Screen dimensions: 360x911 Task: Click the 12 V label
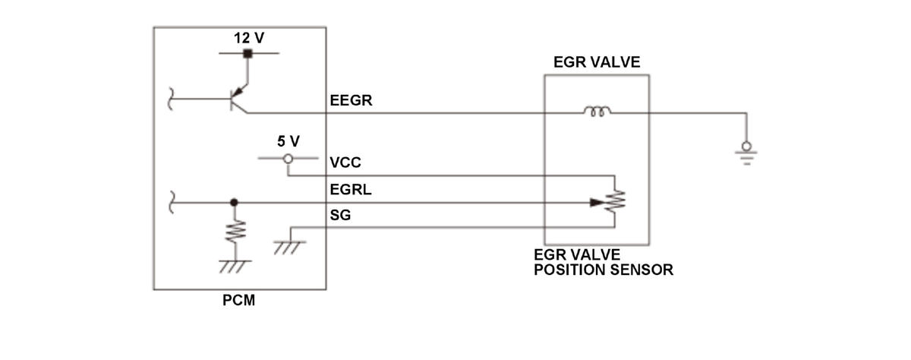pos(248,37)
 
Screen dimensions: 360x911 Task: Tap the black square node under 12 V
pos(247,53)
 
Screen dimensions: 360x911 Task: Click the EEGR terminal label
pos(351,100)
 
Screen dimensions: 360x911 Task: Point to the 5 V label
pos(288,141)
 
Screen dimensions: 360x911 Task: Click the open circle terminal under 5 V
pos(288,159)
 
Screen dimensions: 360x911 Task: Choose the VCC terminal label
pos(345,163)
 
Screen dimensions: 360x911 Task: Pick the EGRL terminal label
pos(350,190)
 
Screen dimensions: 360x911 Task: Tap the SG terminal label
pos(340,216)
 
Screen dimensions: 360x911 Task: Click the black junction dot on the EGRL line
pos(235,203)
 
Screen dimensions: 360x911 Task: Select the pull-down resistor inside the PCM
pos(235,231)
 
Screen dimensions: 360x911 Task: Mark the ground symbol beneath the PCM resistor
pos(235,265)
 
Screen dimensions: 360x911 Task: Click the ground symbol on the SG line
pos(288,247)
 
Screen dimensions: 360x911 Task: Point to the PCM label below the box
pos(239,301)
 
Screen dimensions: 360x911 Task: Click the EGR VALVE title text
pos(597,62)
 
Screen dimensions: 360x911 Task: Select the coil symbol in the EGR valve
pos(597,112)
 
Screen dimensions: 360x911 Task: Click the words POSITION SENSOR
pos(603,270)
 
